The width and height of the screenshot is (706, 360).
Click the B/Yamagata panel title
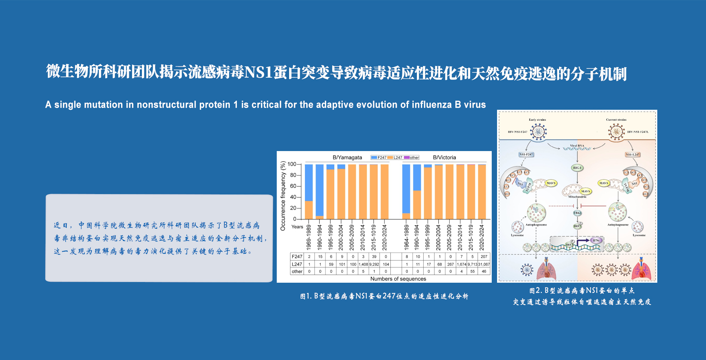tap(347, 157)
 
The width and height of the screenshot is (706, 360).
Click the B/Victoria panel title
tap(444, 157)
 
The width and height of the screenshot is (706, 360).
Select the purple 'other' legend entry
tap(412, 157)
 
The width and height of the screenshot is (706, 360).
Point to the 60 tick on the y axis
tap(293, 186)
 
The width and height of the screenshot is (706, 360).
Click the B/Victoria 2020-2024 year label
tap(481, 237)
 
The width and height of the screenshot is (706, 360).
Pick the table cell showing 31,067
tap(484, 264)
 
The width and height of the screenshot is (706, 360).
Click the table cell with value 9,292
tap(374, 264)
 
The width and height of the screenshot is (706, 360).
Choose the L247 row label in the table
tap(297, 264)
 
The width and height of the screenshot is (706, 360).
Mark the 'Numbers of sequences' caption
tap(398, 279)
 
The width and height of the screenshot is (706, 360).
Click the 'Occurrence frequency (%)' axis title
tap(283, 196)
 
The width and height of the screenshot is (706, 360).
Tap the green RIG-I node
tap(577, 168)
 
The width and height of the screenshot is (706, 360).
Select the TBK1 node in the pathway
tap(577, 213)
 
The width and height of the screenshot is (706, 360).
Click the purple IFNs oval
tap(596, 240)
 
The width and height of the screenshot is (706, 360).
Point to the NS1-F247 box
tap(526, 154)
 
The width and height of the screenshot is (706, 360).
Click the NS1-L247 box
tap(632, 154)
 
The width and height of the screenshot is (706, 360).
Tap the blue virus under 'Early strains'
tap(538, 132)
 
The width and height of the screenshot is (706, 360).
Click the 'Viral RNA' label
tap(577, 145)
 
